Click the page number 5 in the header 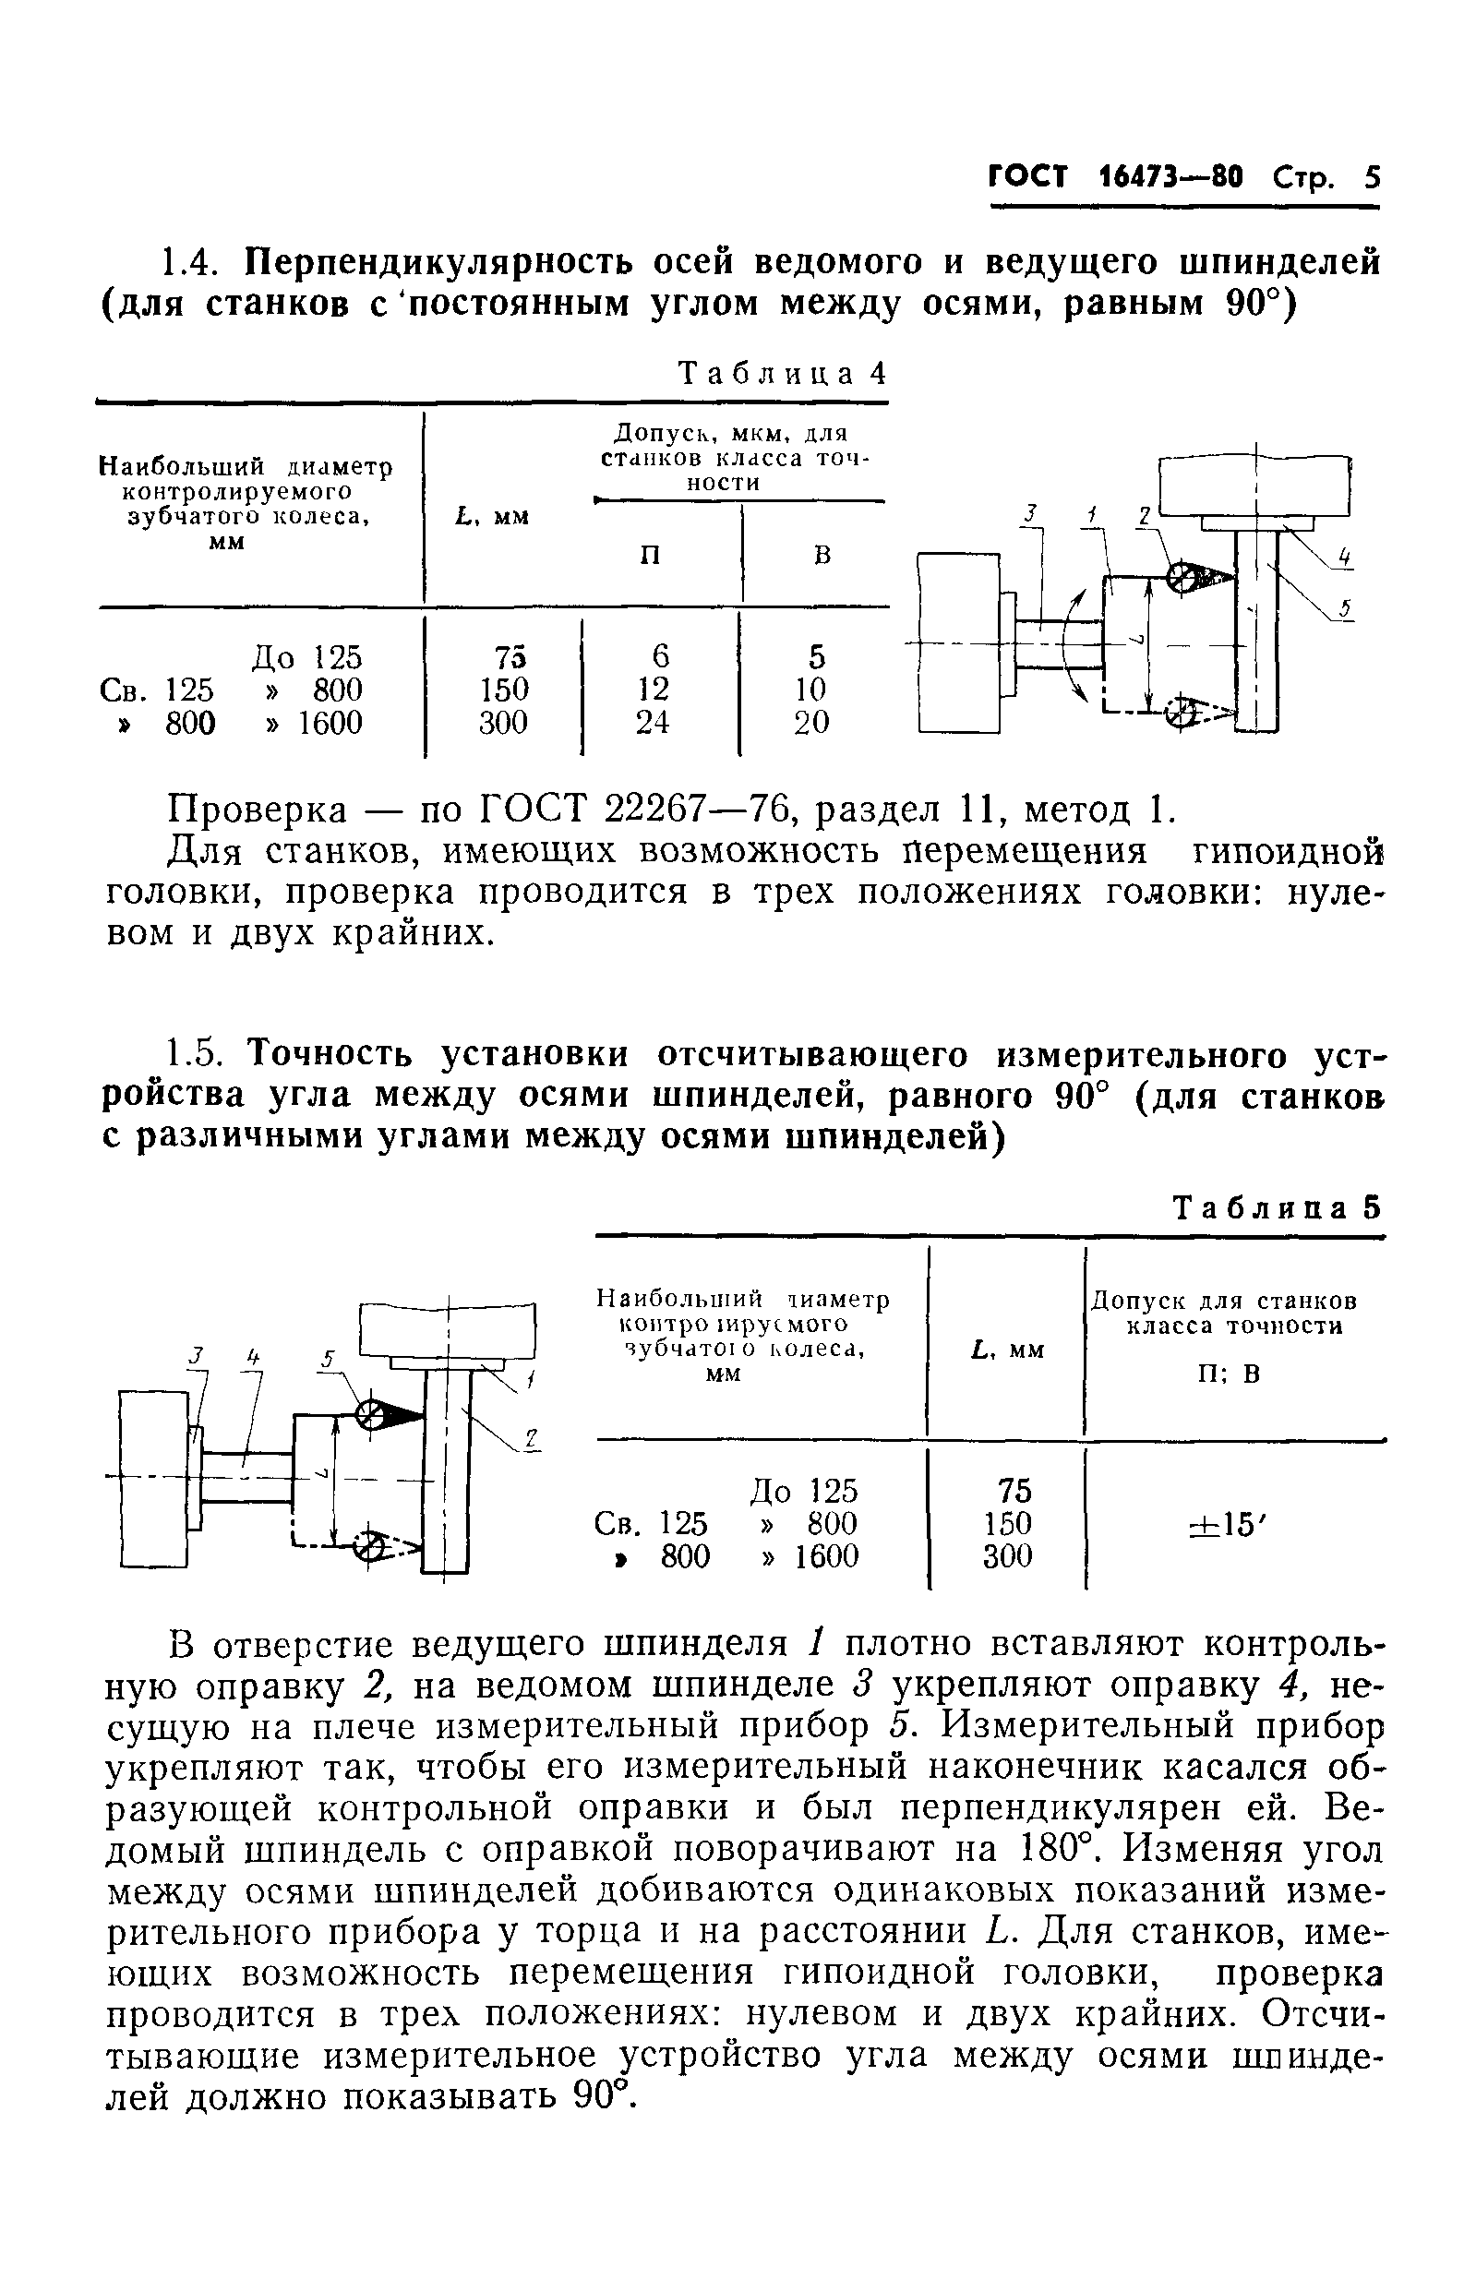tap(1371, 178)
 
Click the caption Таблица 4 tap(781, 374)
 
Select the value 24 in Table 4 tap(653, 724)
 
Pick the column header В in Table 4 tap(822, 555)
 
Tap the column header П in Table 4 tap(650, 555)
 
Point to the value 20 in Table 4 tap(812, 724)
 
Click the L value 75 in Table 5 tap(1014, 1491)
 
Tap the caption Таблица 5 tap(1276, 1209)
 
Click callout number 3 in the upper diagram tap(1029, 515)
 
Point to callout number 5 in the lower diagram tap(327, 1362)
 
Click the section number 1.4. tap(195, 261)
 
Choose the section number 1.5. tap(195, 1056)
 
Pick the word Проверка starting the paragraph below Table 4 tap(257, 811)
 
